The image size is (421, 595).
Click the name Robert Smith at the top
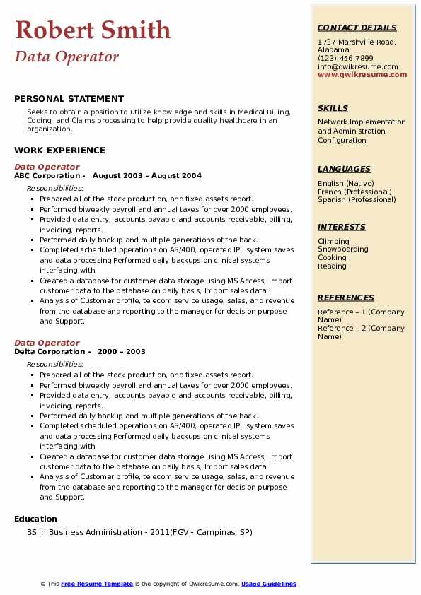93,30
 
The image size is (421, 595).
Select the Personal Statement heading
69,99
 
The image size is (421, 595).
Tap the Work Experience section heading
59,150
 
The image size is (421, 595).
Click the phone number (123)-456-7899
345,59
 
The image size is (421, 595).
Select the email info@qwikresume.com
357,66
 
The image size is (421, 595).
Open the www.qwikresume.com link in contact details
362,74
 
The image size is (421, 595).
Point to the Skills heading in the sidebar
333,108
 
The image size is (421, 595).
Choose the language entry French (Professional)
354,192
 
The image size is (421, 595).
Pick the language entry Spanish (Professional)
357,199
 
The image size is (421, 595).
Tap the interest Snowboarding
342,249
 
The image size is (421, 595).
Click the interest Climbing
333,241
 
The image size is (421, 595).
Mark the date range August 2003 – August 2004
147,175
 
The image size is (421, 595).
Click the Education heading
35,519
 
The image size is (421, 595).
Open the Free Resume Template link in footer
97,584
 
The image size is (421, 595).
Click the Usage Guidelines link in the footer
268,584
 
